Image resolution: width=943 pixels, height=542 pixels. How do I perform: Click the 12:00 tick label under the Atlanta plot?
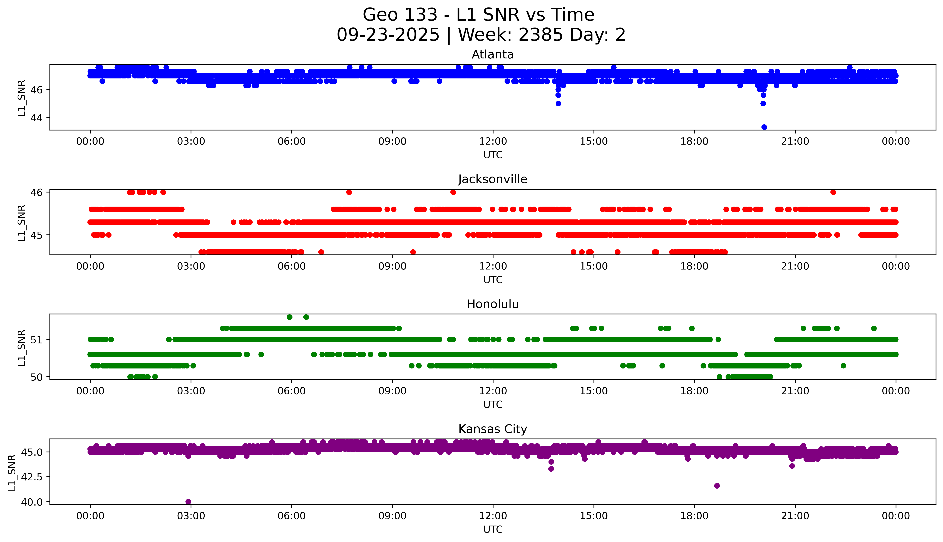493,142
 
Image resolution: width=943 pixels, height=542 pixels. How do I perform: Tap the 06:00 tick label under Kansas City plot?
291,516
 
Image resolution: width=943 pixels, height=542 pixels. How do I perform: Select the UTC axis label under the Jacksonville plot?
493,279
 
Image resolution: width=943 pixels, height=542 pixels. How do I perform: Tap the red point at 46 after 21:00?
833,192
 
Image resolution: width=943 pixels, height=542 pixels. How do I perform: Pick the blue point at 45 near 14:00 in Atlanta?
558,103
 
